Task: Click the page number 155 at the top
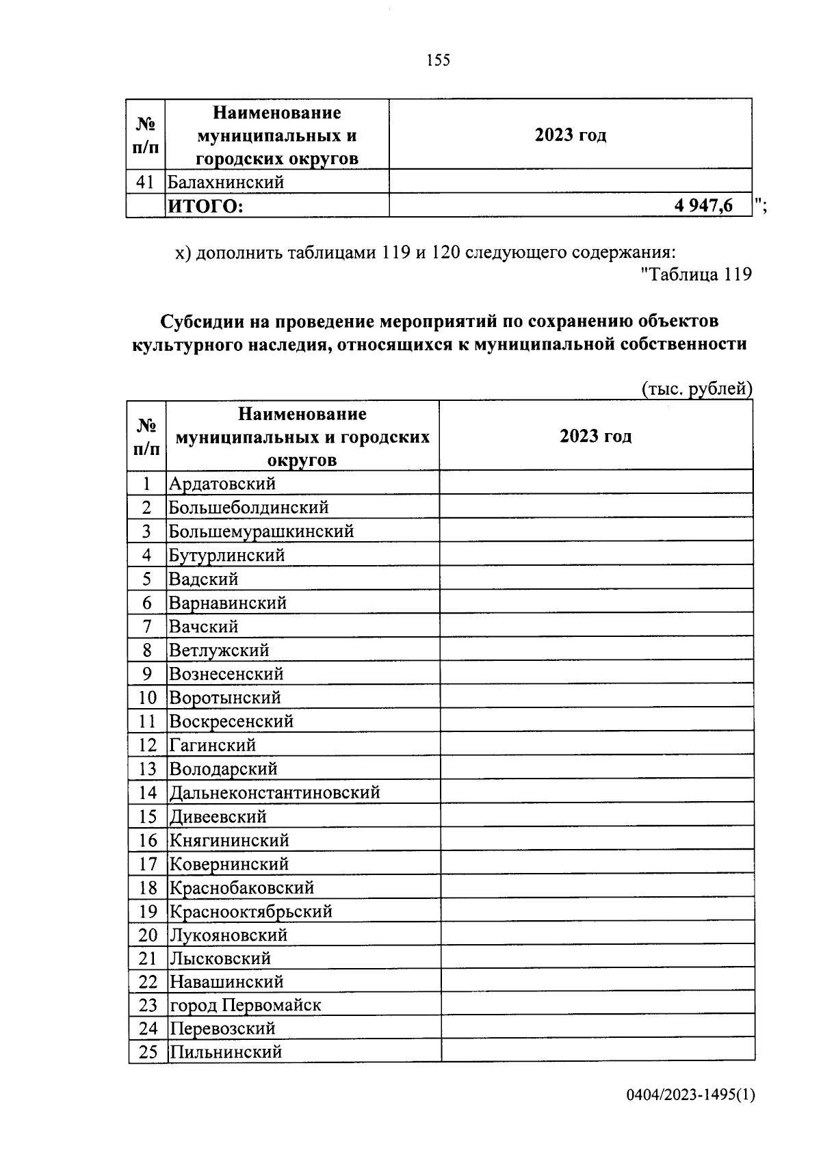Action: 438,60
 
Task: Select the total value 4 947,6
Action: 703,205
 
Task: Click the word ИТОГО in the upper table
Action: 205,206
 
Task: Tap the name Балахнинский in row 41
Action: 226,182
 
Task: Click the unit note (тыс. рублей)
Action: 696,389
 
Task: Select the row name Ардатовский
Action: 222,484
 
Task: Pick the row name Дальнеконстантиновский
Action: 274,792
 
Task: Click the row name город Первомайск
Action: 245,1005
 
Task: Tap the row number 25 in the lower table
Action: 148,1052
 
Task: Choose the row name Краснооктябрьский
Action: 250,911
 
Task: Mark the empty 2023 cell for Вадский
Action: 596,579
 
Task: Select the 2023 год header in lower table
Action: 595,436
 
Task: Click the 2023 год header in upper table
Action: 571,135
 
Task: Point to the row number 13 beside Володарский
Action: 148,769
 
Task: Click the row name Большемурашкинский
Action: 261,531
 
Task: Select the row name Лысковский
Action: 220,958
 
